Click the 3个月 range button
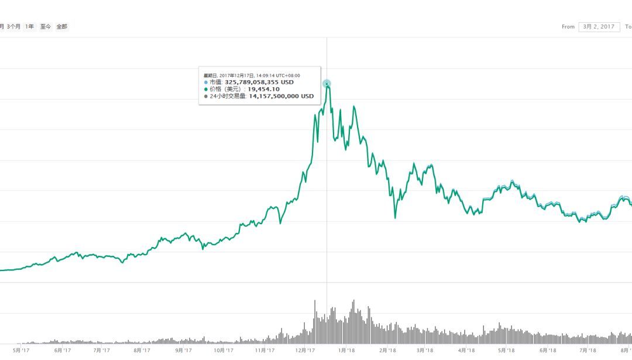click(x=13, y=26)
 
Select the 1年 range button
click(x=29, y=26)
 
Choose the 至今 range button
click(x=45, y=26)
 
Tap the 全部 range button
click(x=61, y=26)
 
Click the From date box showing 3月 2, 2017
click(x=599, y=26)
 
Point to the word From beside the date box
click(x=568, y=27)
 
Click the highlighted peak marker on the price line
click(x=327, y=84)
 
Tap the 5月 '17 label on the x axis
click(x=22, y=351)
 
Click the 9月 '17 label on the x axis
click(x=183, y=351)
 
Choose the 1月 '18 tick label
click(x=347, y=351)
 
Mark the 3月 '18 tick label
click(x=425, y=351)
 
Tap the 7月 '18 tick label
click(x=588, y=351)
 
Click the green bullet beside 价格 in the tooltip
click(x=206, y=90)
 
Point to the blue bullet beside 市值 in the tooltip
click(x=206, y=83)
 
